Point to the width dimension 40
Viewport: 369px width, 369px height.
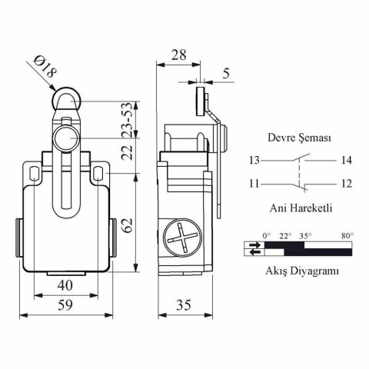pos(66,285)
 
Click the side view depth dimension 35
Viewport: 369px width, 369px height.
pos(184,305)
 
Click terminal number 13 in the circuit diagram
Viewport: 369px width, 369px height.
pos(254,161)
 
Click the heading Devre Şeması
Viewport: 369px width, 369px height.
pos(299,138)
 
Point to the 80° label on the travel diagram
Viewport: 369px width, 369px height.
pos(347,235)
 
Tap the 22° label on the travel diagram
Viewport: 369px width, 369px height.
pos(285,235)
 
